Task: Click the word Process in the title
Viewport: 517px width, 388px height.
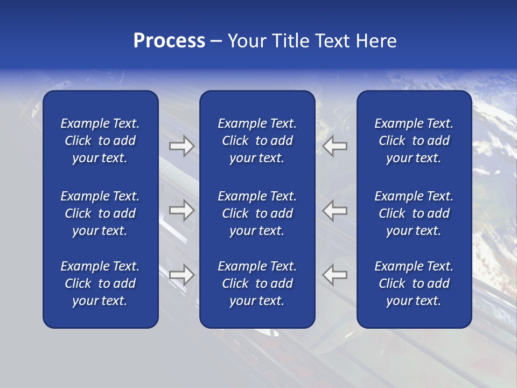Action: [x=169, y=41]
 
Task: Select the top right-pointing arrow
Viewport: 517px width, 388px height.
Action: [x=181, y=146]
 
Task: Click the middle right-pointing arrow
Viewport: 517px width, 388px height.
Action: [x=181, y=210]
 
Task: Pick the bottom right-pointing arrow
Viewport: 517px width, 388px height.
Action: [x=181, y=275]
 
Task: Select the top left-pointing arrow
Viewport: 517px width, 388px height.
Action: [x=335, y=146]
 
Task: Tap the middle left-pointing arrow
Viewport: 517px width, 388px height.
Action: [x=335, y=210]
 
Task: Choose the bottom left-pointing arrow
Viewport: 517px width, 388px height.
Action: [x=335, y=275]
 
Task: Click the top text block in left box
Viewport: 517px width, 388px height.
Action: [x=100, y=141]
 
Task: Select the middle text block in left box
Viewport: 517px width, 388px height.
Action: [x=100, y=213]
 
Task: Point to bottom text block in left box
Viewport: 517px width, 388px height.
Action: [x=100, y=283]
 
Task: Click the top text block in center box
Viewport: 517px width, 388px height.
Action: [x=257, y=141]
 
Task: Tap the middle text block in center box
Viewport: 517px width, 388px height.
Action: [x=257, y=213]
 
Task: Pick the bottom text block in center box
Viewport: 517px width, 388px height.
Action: [x=257, y=283]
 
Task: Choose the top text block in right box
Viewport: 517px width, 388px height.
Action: [x=414, y=141]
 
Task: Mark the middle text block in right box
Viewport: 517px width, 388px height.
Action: [x=414, y=213]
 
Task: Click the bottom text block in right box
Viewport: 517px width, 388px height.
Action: [x=414, y=283]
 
